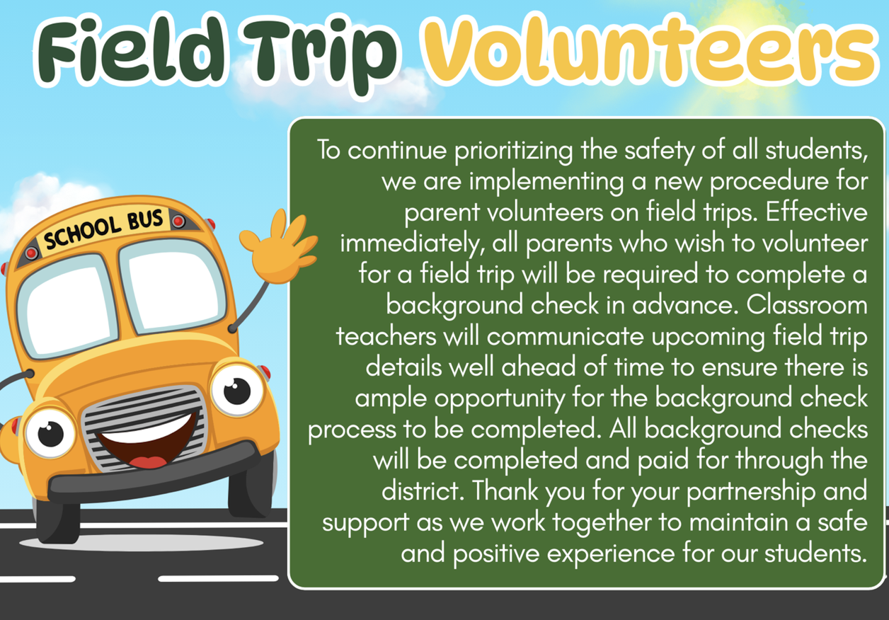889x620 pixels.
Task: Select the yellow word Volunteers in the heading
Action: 651,50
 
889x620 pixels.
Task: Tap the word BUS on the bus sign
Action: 145,219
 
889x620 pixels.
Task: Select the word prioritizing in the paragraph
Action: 513,151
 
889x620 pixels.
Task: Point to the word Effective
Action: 817,212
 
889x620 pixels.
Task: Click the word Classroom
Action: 807,305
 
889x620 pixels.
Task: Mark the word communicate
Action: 565,337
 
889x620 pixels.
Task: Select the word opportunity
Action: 500,399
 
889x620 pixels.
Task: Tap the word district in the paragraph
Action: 423,490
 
